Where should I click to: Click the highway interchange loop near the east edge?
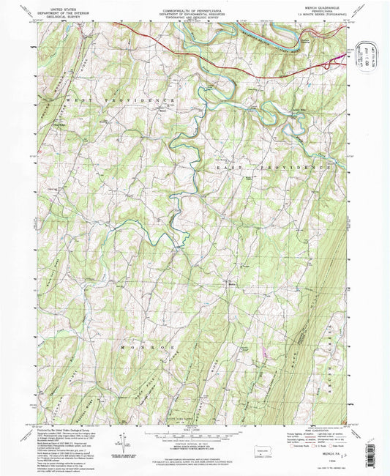[340, 56]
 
